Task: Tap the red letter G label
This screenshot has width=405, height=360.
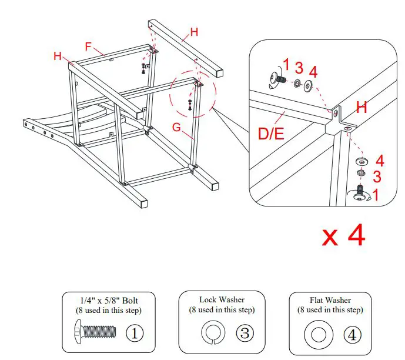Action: [x=176, y=125]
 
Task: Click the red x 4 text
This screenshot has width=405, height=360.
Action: [x=344, y=235]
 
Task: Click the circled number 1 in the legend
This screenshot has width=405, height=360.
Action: [x=134, y=333]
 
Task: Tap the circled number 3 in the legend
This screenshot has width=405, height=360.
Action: [x=245, y=333]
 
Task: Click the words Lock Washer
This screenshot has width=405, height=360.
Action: [x=222, y=299]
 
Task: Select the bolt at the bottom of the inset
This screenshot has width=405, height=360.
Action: [x=359, y=194]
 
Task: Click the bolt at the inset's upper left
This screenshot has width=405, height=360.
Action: [x=275, y=78]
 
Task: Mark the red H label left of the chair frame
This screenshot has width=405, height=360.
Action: [x=58, y=56]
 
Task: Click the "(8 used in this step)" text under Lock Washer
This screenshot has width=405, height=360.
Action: [x=222, y=309]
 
